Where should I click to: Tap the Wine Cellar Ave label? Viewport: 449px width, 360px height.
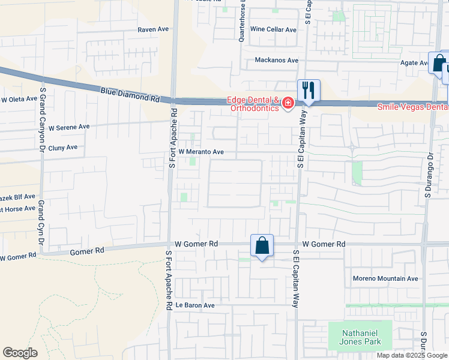[x=273, y=29]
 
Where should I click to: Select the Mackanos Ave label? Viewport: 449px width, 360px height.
[x=276, y=60]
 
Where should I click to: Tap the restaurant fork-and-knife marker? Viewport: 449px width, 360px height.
[x=309, y=91]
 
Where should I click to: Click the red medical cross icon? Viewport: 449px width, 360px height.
[x=288, y=104]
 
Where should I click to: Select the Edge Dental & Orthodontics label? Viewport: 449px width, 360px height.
[x=253, y=104]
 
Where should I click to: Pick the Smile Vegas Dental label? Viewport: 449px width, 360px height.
[x=412, y=107]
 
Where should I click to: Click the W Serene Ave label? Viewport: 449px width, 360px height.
[x=69, y=127]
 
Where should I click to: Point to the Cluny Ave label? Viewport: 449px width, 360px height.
[x=63, y=147]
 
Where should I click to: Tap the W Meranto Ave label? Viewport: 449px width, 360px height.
[x=200, y=152]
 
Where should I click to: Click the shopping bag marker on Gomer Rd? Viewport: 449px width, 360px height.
[x=262, y=245]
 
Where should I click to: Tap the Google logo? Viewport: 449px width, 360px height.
[x=20, y=353]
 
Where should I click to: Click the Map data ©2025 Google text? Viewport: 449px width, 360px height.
[x=411, y=355]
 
